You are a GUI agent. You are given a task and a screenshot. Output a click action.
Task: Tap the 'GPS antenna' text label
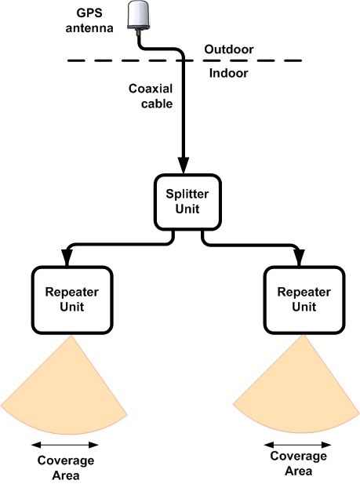click(x=89, y=20)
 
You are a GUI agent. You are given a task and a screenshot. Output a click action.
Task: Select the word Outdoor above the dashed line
click(x=229, y=49)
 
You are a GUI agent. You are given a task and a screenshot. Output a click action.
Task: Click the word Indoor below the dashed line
click(x=228, y=73)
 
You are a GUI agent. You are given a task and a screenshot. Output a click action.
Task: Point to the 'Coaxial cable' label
click(x=151, y=96)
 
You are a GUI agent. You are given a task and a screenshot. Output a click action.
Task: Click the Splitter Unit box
click(x=187, y=202)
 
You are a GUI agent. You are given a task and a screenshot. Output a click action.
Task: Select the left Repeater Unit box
click(x=72, y=300)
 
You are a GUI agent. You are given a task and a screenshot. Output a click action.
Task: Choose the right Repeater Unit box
click(x=304, y=300)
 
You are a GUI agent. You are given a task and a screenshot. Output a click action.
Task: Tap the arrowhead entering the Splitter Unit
click(x=184, y=166)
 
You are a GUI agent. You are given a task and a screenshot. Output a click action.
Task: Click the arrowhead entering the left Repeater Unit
click(x=67, y=257)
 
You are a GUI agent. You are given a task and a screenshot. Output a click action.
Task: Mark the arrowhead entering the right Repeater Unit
click(x=299, y=257)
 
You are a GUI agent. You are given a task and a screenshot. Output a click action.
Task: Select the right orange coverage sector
click(x=298, y=392)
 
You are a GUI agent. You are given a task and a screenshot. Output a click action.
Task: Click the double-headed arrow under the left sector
click(x=65, y=445)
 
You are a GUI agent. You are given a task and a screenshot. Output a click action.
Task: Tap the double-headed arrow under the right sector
click(x=297, y=445)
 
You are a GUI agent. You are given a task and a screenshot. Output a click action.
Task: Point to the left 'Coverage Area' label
click(x=66, y=468)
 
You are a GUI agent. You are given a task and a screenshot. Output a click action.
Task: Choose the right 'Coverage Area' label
click(x=298, y=464)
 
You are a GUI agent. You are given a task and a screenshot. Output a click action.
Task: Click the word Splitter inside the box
click(x=187, y=195)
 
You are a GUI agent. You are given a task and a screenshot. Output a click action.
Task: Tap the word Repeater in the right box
click(x=304, y=293)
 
